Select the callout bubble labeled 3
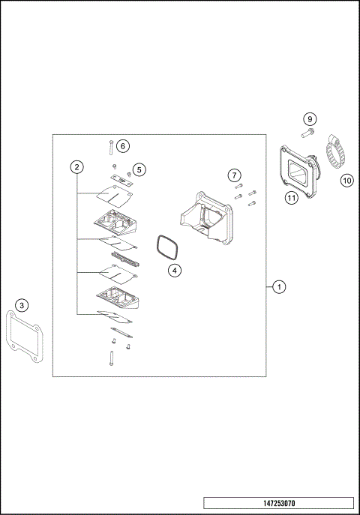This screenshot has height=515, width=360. (x=22, y=305)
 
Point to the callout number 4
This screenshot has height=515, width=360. (x=174, y=270)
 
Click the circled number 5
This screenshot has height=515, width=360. (x=139, y=170)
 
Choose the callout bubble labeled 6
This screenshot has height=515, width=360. (x=123, y=145)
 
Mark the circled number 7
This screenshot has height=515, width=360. (x=234, y=175)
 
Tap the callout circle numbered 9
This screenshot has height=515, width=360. (x=310, y=119)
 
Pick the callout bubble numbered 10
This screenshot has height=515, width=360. (x=346, y=180)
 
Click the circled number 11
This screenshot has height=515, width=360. (x=291, y=198)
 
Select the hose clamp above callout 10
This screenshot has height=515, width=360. (x=334, y=153)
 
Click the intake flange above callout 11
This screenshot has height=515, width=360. (x=298, y=167)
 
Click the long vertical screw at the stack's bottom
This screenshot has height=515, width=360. (x=111, y=358)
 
